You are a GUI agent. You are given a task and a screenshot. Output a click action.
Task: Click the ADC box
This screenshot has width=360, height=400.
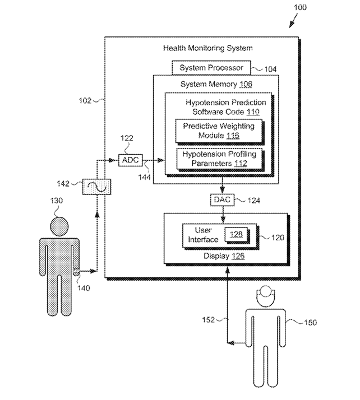[131, 160]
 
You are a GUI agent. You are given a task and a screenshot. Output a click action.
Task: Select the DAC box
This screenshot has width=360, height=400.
[222, 200]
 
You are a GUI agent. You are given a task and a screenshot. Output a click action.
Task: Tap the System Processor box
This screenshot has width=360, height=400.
[211, 68]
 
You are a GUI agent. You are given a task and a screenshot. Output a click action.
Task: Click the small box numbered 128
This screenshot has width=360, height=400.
[236, 234]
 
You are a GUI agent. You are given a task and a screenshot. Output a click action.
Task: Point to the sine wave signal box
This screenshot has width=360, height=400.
[97, 187]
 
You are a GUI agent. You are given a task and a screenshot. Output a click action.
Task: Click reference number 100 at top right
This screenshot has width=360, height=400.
[300, 7]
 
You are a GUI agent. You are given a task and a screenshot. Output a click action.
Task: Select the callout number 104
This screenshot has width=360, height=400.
[270, 69]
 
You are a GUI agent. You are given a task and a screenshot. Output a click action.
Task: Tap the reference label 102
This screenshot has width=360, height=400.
[85, 100]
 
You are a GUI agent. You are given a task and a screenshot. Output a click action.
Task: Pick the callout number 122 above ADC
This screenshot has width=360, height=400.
[127, 138]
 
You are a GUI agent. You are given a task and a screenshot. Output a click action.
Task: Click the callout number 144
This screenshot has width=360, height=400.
[145, 177]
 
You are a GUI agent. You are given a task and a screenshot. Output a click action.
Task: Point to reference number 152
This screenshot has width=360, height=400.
[209, 320]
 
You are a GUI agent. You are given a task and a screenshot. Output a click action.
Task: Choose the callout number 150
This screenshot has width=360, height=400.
[311, 323]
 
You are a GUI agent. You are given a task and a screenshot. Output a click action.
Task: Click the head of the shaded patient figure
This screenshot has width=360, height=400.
[59, 226]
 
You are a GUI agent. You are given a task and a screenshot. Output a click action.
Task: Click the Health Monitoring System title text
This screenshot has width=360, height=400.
[208, 48]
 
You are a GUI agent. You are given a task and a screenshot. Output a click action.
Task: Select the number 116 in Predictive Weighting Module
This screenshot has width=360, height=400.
[233, 135]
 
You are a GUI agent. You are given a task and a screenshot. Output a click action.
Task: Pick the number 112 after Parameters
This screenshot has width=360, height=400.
[241, 163]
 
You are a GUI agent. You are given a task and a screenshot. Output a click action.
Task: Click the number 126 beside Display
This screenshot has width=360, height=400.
[238, 255]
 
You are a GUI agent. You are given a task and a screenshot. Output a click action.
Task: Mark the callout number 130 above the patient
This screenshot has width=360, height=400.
[57, 201]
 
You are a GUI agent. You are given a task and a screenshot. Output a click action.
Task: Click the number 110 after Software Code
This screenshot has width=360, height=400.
[253, 111]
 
